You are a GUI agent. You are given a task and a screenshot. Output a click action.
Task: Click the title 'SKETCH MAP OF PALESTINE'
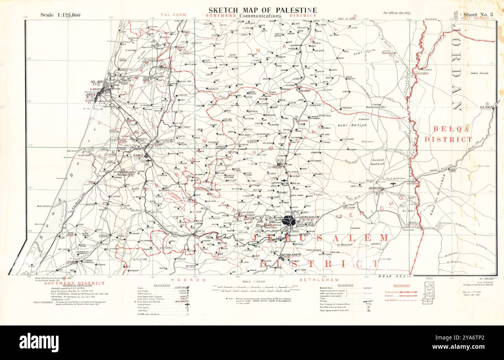[262, 10]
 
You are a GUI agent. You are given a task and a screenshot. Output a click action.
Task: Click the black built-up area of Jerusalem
[289, 221]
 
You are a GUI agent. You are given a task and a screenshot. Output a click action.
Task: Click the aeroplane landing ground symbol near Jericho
[395, 186]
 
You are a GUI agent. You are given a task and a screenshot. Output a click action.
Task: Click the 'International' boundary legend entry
[392, 292]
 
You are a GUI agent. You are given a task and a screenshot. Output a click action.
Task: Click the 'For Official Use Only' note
[397, 13]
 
